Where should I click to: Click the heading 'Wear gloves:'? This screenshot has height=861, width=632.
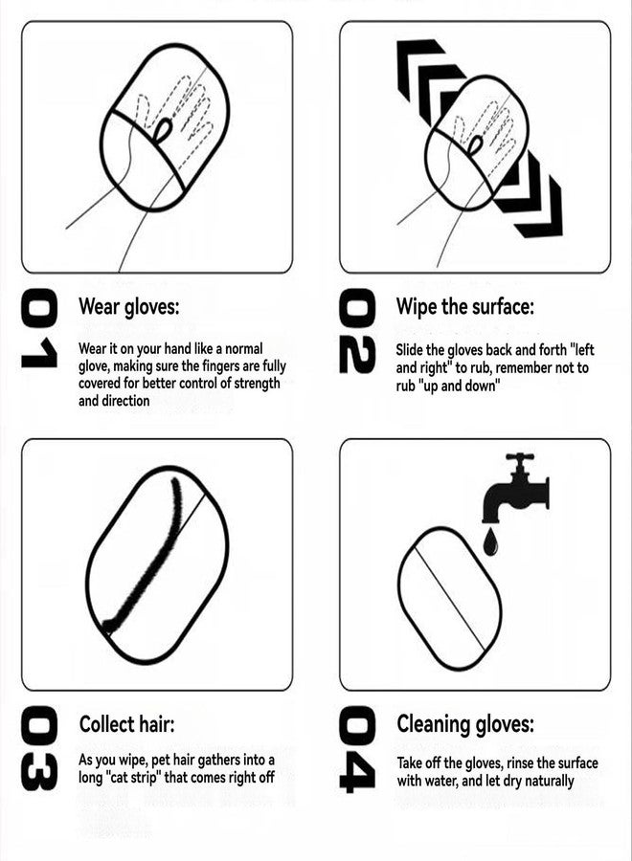pos(128,307)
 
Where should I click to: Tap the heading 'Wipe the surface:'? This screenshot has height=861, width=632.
pos(465,307)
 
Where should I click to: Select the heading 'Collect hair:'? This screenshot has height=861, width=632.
pos(126,724)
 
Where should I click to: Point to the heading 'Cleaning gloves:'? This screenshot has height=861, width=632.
pos(465,724)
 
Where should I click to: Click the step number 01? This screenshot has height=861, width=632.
pos(39,330)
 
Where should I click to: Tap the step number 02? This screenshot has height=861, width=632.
pos(357,330)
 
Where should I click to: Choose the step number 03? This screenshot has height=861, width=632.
pos(39,750)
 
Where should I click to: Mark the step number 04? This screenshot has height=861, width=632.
pos(357,750)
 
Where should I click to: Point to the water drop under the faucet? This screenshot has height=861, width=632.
pos(490,542)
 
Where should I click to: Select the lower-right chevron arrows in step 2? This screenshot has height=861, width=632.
pos(531,196)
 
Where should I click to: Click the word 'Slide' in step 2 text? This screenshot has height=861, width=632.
pos(411,350)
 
